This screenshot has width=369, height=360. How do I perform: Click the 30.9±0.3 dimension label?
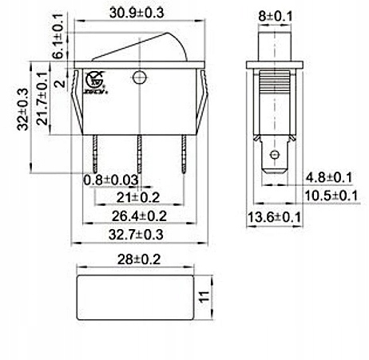[137, 13]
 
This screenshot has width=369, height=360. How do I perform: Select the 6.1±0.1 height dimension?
[58, 36]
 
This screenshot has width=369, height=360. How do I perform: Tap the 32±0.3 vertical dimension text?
[22, 109]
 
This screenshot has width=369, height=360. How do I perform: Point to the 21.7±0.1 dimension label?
[42, 98]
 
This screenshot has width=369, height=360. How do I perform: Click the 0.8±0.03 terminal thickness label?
[111, 180]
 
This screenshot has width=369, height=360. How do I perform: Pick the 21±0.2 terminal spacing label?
[138, 198]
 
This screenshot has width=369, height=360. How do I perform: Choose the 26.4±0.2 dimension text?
[139, 216]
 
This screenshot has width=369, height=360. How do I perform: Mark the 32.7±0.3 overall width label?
[136, 235]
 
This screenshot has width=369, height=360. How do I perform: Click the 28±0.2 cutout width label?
[139, 259]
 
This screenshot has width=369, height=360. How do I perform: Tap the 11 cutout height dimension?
[205, 296]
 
